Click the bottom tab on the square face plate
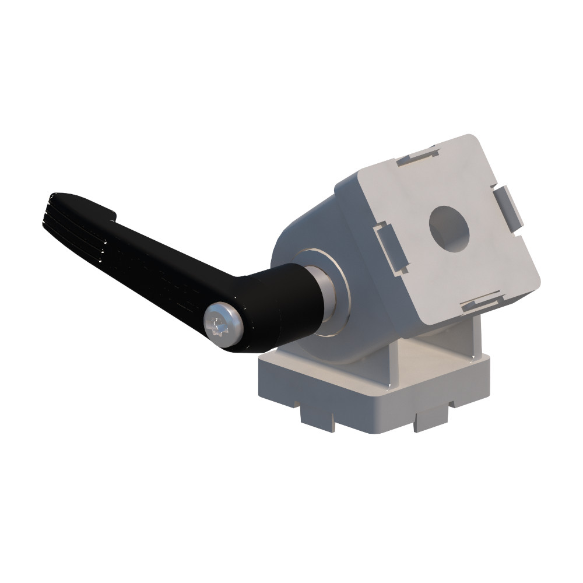(x=482, y=302)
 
